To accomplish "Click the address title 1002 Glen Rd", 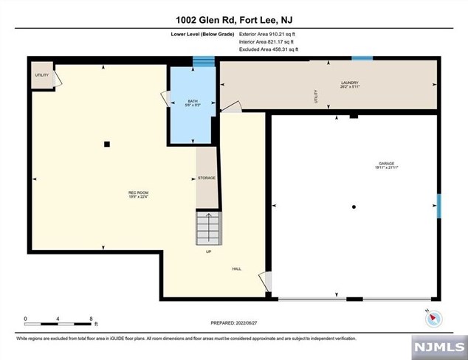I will pos(233,20).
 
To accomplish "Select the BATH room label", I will pos(193,103).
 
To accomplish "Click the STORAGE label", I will pos(206,179).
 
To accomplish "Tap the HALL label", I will pos(237,269).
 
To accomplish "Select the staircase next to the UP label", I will pos(207,228).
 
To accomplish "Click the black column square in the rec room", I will pos(107,144).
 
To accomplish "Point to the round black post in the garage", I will pos(355,207).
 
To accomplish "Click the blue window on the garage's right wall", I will pos(438,206).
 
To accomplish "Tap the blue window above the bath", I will pos(203,62).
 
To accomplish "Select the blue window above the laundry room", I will pos(362,58).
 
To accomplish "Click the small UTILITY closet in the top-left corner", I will pos(42,76).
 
